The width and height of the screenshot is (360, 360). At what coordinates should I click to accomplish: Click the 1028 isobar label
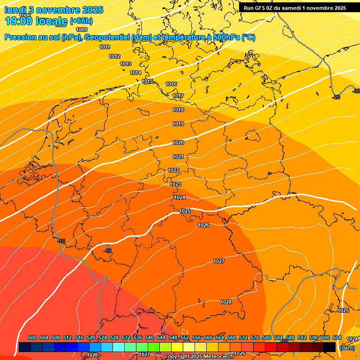point(226,302)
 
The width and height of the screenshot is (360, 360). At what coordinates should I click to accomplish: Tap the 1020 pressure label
point(178,142)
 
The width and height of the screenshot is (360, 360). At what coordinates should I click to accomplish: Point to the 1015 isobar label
point(147,82)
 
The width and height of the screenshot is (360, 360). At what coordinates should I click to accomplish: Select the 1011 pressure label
point(105,47)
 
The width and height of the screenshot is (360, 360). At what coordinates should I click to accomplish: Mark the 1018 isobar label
point(178,110)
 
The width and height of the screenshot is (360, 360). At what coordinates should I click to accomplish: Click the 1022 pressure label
point(173,170)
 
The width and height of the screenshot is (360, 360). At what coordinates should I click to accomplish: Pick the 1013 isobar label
point(126,64)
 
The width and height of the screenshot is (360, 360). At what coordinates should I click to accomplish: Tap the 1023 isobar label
point(175,184)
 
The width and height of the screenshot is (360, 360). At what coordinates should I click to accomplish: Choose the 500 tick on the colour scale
point(32,337)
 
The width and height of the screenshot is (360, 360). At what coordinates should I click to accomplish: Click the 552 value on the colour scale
point(185,337)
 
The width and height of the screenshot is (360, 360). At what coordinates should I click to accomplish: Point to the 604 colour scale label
point(337,337)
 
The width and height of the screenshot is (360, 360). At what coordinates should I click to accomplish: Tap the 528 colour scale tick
point(114,337)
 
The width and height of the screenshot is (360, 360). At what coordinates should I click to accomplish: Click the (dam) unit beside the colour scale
point(347,348)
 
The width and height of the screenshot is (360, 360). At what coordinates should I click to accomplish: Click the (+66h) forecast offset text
point(81,21)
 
